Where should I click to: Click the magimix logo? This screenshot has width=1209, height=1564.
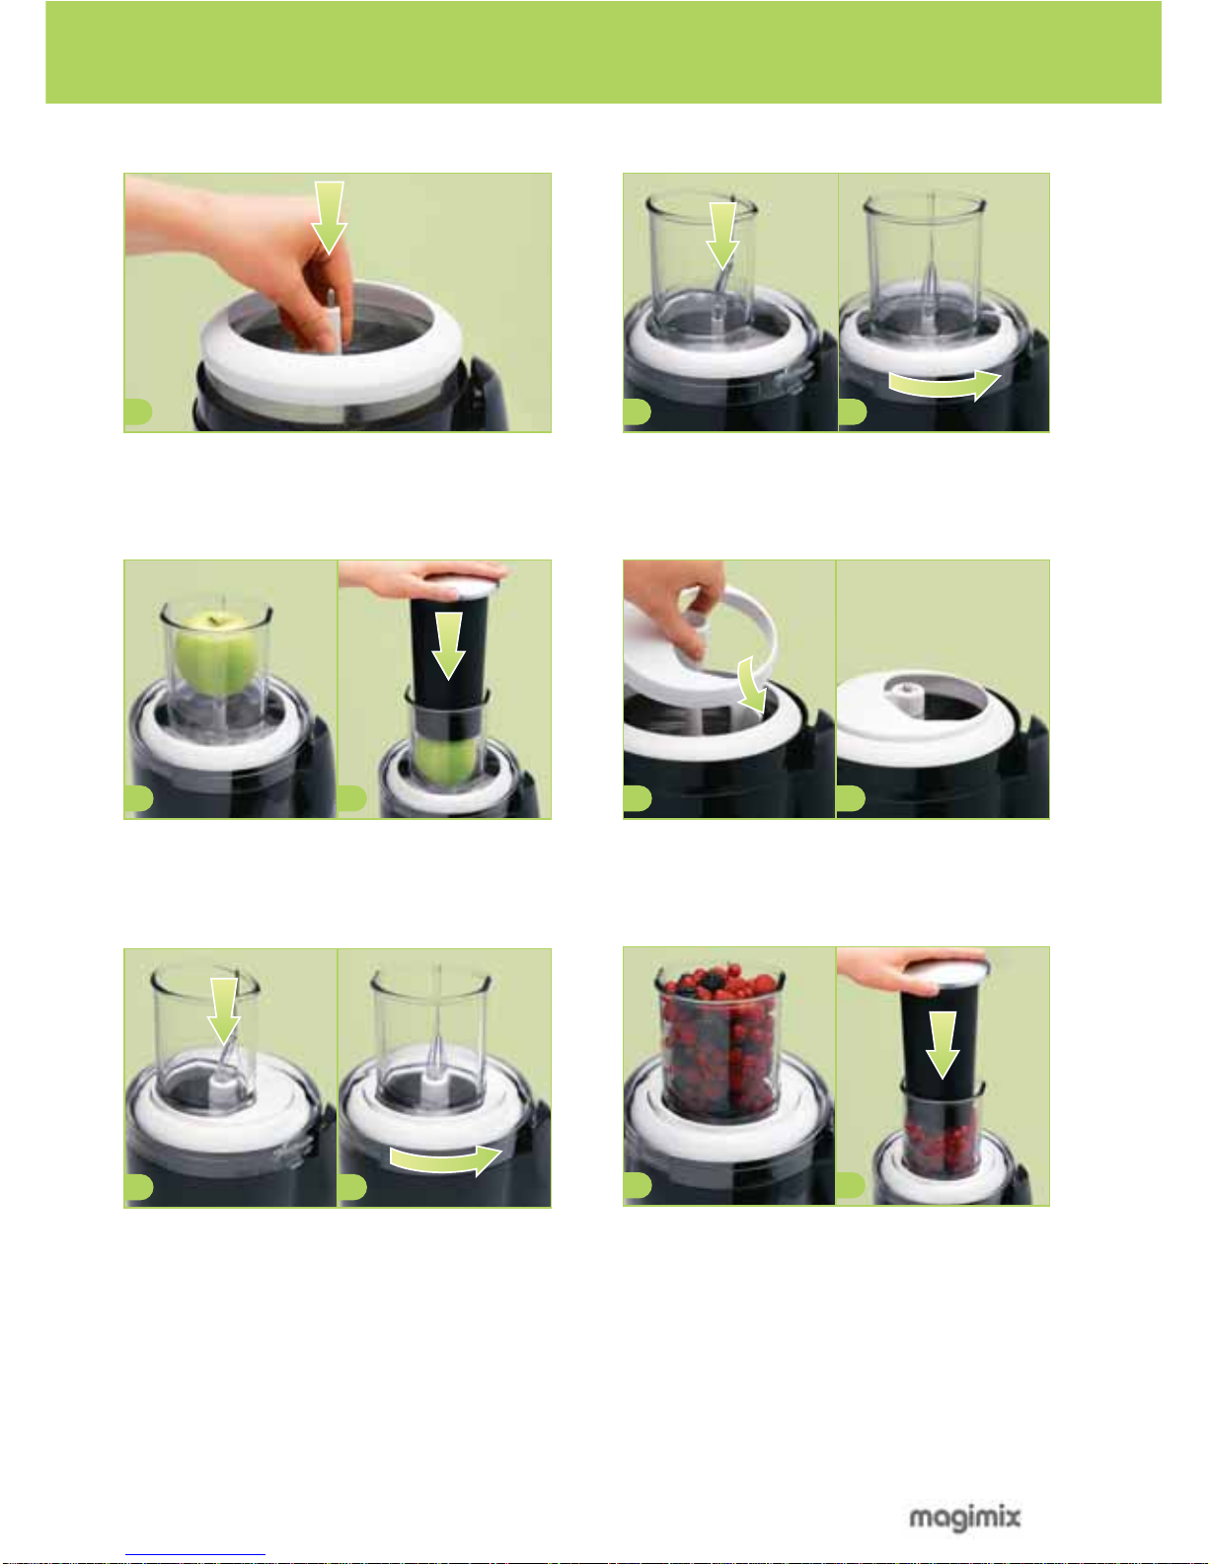(x=964, y=1518)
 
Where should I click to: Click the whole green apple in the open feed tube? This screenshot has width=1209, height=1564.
(x=217, y=653)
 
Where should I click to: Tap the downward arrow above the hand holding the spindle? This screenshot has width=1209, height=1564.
(x=329, y=217)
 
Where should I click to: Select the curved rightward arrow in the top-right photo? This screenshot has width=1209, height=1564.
(x=945, y=385)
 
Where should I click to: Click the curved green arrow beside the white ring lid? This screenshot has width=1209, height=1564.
(x=753, y=684)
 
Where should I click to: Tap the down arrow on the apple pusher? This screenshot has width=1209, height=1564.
(x=449, y=645)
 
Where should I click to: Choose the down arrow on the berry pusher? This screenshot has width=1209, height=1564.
(x=942, y=1044)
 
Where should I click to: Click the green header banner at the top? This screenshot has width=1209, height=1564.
(x=603, y=52)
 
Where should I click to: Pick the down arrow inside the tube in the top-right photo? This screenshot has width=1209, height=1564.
(x=721, y=236)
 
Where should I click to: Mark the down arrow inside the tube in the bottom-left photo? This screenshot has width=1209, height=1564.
(x=224, y=1010)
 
